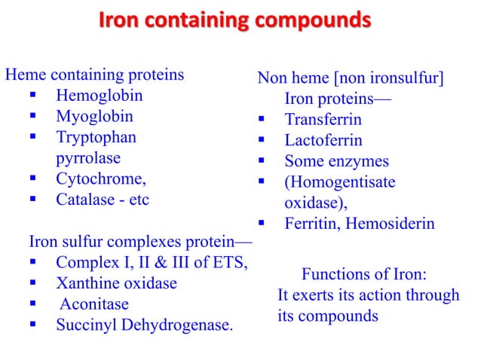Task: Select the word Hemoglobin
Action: tap(99, 96)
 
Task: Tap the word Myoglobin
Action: tap(94, 117)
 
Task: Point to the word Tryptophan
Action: tap(97, 138)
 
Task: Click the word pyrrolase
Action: tap(88, 158)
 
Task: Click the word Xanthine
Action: tap(86, 284)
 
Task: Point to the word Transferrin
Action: tap(323, 120)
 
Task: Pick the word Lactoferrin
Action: tap(323, 141)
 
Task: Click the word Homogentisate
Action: tap(339, 182)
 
